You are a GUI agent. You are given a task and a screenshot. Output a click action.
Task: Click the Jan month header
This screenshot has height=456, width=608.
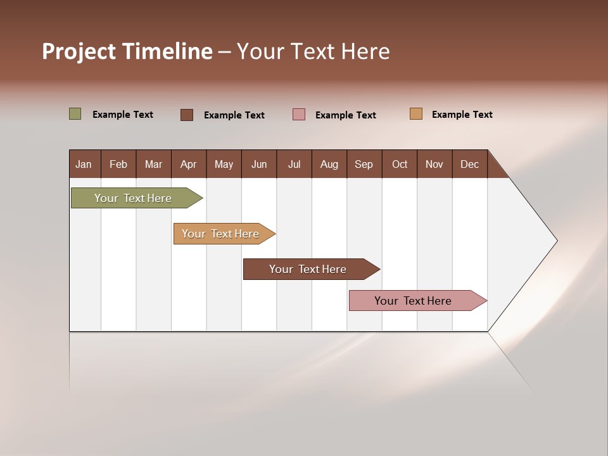coord(84,164)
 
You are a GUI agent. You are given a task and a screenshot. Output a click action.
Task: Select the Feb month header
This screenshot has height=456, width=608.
coord(118,164)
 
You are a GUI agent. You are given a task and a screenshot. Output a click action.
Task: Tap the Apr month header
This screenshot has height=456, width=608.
coord(188,164)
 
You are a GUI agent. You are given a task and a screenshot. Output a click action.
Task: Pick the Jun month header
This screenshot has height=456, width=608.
coord(259,164)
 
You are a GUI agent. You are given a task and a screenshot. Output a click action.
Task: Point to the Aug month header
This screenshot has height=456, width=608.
coord(329,164)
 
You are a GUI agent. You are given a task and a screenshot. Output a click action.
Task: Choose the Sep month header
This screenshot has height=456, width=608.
coord(364,164)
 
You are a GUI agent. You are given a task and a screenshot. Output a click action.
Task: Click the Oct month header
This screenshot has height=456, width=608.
coord(400,164)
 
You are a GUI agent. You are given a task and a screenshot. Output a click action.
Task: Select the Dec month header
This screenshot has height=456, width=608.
coord(469,164)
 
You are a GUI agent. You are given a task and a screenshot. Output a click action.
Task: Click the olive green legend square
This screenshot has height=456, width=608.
coord(75,114)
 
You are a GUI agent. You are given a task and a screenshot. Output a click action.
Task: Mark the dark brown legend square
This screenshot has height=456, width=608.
coord(187,115)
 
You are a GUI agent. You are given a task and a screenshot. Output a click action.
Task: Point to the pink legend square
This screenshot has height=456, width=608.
coord(299,115)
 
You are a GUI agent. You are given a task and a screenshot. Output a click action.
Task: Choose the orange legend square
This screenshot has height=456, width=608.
coord(416,114)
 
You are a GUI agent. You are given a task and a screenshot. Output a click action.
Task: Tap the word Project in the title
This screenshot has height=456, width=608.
coord(79,51)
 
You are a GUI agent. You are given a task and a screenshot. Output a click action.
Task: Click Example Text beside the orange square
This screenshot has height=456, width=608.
coord(462,115)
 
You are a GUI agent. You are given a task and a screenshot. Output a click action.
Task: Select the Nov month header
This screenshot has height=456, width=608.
coord(434,164)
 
